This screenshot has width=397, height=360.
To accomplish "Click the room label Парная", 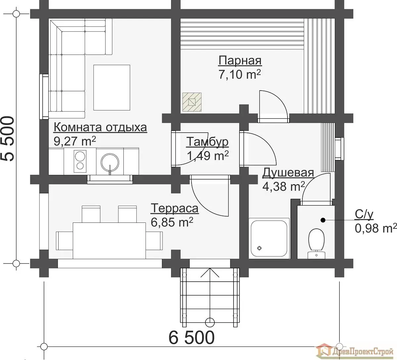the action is [x=240, y=60].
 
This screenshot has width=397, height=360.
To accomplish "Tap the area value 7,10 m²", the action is [x=240, y=74].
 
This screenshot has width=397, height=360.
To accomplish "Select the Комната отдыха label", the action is [x=100, y=127].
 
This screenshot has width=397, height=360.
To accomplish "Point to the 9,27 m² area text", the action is [x=75, y=140].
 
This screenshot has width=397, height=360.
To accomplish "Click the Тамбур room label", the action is [x=207, y=141].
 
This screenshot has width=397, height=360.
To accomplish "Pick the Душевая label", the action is [x=288, y=173].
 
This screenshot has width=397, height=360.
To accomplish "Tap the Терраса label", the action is [x=175, y=208].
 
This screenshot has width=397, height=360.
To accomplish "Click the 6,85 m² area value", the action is [x=172, y=222].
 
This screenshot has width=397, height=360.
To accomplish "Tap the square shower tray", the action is [x=269, y=238].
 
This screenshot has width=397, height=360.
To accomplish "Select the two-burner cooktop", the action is [x=80, y=161].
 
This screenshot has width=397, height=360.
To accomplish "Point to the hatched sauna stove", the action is [x=192, y=102].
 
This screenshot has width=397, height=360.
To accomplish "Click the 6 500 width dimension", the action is [x=192, y=337].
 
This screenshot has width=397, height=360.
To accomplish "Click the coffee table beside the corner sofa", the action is [x=111, y=87].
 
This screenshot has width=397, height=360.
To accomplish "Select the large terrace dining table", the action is [x=109, y=241].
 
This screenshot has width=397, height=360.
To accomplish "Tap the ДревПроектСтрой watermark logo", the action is [x=354, y=352].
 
